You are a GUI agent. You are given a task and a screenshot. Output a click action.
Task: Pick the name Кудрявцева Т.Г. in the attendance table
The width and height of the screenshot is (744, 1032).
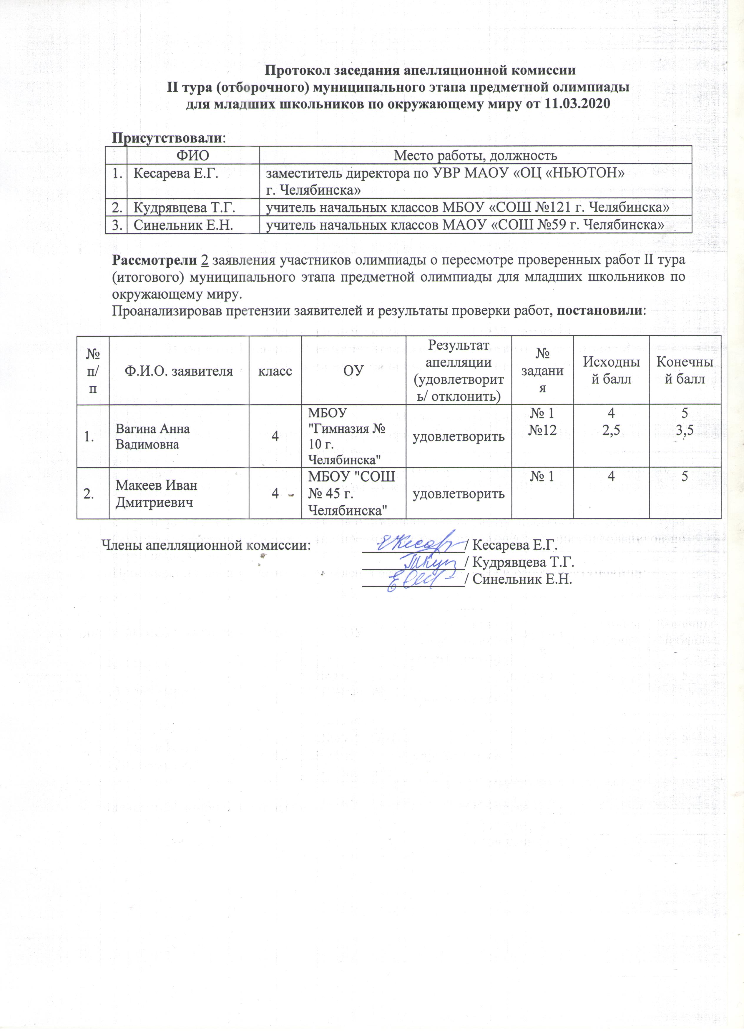click(x=184, y=207)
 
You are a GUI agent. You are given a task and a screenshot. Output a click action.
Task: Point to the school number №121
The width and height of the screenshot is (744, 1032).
click(x=558, y=207)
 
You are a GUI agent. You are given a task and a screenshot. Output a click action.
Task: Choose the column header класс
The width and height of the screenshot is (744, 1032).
click(x=275, y=371)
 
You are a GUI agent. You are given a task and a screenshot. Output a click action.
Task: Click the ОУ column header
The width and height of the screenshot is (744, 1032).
click(x=353, y=371)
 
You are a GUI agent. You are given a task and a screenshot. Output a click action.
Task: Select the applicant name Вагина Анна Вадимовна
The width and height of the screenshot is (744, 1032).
click(x=152, y=436)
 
